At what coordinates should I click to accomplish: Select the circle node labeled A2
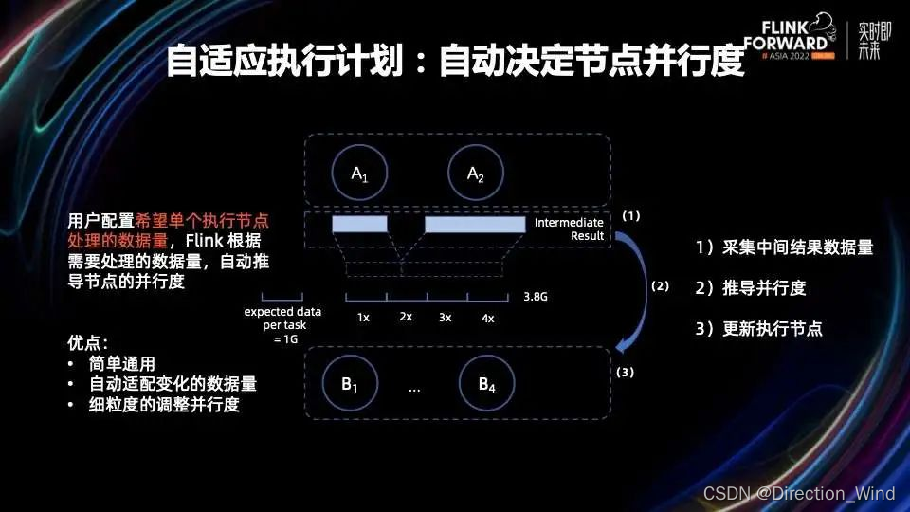(x=475, y=174)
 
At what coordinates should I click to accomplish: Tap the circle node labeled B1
(x=349, y=384)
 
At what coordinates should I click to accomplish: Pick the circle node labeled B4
(x=486, y=384)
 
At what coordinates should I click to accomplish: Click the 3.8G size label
(x=536, y=297)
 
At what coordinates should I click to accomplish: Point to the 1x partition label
(x=363, y=318)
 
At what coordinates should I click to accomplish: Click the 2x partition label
(x=406, y=316)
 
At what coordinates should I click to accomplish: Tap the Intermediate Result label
(x=569, y=229)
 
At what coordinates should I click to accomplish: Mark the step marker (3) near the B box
(x=625, y=373)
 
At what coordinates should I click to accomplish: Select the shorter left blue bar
(x=360, y=224)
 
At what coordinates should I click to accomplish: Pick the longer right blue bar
(x=475, y=224)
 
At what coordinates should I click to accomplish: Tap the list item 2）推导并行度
(x=751, y=288)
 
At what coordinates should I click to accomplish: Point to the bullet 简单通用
(x=122, y=364)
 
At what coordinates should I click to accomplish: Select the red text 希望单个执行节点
(x=201, y=219)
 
